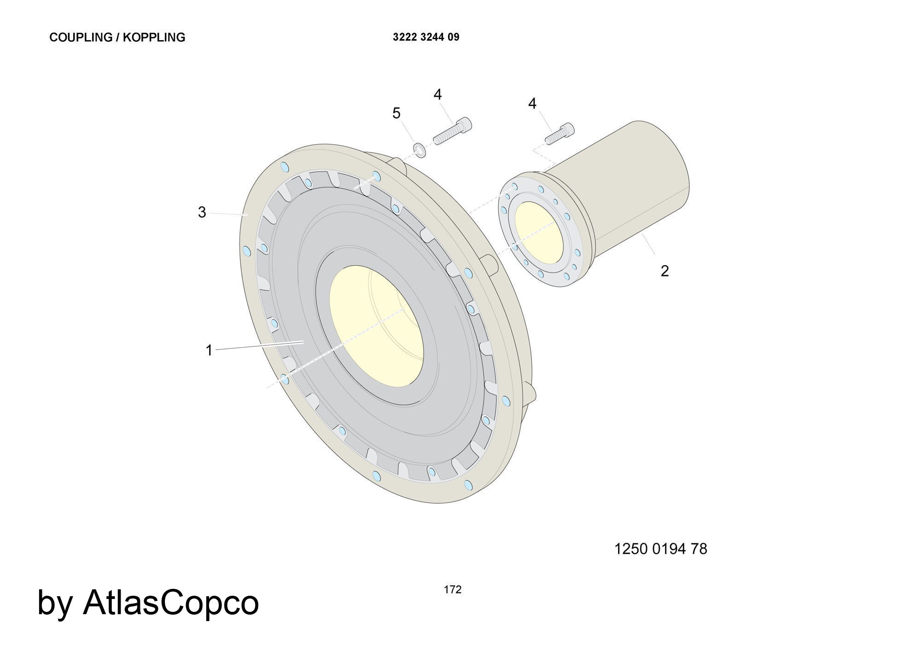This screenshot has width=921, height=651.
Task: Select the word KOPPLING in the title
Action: pos(154,37)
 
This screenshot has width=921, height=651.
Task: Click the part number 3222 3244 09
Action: pos(426,37)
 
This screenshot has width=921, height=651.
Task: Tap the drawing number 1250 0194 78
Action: pos(660,549)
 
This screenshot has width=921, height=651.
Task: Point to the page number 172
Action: pos(452,590)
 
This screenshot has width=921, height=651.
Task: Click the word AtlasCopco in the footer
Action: pos(170,602)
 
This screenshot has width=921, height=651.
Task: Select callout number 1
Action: pos(209,350)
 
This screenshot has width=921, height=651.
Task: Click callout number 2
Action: pos(664,271)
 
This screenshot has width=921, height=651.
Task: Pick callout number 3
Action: pos(202,212)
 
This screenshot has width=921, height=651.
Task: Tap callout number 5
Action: pos(396,113)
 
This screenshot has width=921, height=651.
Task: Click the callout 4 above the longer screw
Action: pos(437,94)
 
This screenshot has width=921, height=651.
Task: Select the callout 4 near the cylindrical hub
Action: pos(532,104)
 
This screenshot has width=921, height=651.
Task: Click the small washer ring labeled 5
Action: pos(420,150)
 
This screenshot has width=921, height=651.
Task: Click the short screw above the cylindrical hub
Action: pos(560,134)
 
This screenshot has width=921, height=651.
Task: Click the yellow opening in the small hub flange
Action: pos(536,232)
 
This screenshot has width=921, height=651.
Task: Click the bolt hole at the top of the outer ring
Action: pos(285,166)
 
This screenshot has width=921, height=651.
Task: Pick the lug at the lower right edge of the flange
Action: pos(530,396)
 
